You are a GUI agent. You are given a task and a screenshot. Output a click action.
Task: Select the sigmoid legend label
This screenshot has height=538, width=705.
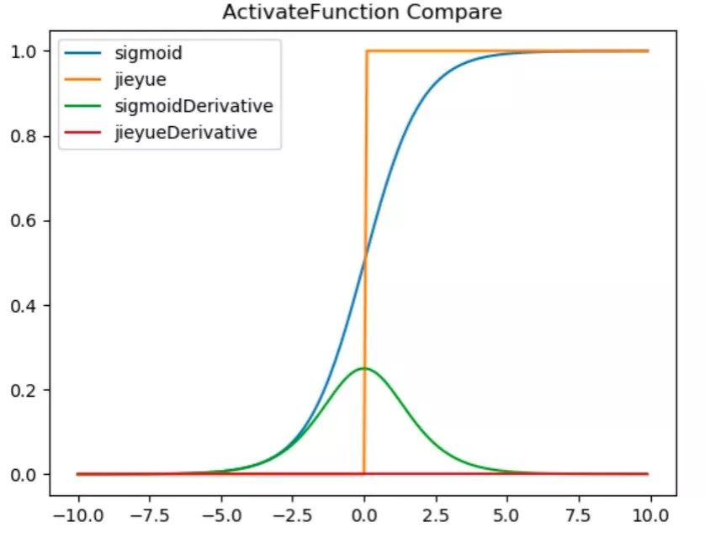(x=149, y=54)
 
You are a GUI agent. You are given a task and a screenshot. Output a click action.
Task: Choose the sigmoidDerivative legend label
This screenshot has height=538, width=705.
(x=193, y=106)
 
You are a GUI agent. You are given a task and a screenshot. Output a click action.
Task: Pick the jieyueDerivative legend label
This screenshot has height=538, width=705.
(x=186, y=132)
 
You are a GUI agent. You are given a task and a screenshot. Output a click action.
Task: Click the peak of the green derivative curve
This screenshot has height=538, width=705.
(x=364, y=368)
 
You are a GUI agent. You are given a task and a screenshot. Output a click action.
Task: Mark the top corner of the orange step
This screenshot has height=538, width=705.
(x=366, y=51)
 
